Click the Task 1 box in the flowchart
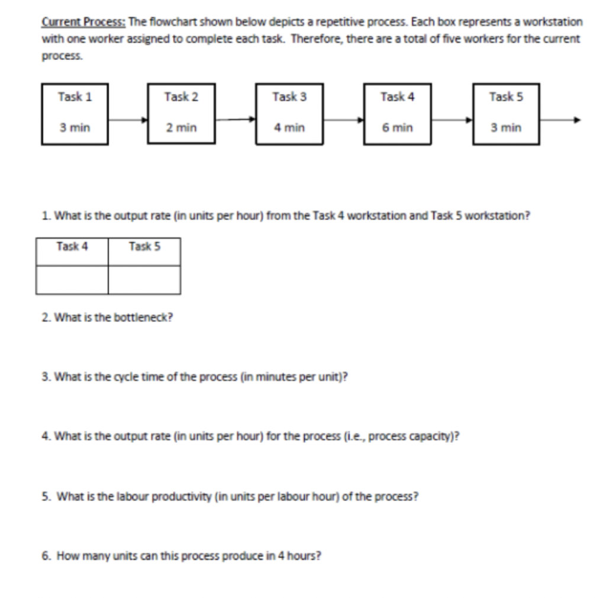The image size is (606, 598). pyautogui.click(x=75, y=113)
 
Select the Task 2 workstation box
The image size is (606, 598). pyautogui.click(x=182, y=113)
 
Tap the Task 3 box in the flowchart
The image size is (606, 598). pyautogui.click(x=289, y=113)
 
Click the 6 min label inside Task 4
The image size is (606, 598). pyautogui.click(x=397, y=128)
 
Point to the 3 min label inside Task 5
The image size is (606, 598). pyautogui.click(x=506, y=128)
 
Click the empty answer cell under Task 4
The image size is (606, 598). pyautogui.click(x=72, y=279)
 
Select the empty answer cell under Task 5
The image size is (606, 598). pyautogui.click(x=144, y=279)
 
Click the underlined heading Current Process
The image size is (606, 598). pyautogui.click(x=83, y=22)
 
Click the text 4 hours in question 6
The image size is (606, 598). pyautogui.click(x=300, y=557)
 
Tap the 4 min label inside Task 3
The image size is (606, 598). pyautogui.click(x=289, y=128)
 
